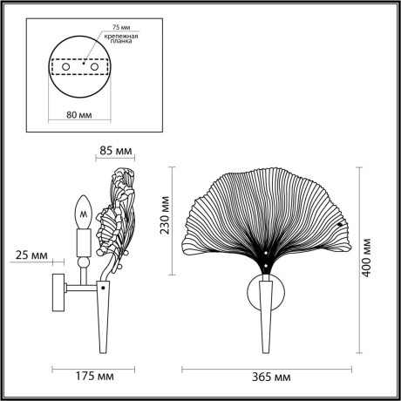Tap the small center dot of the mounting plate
coord(84,63)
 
